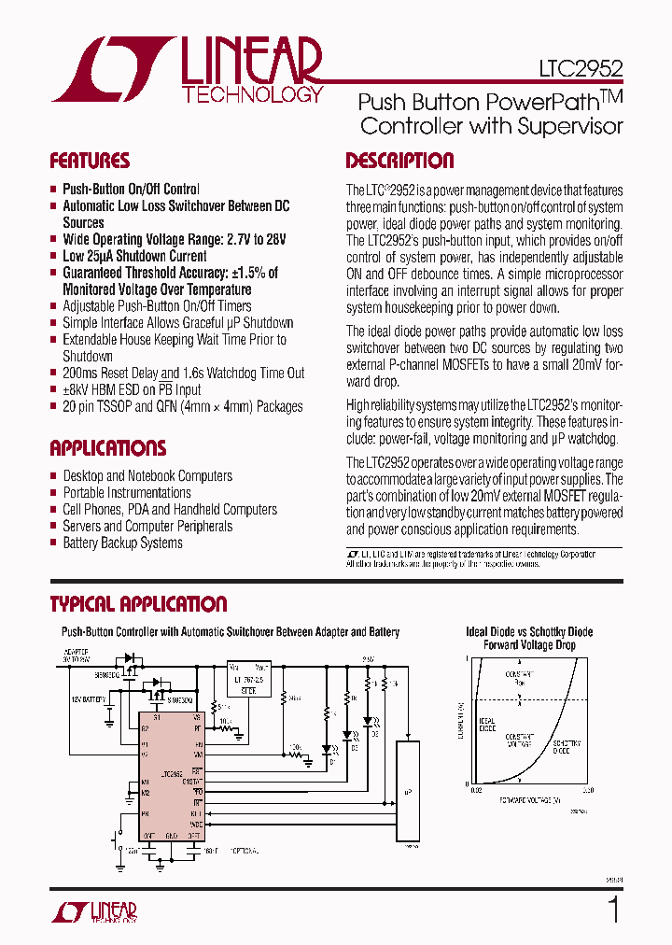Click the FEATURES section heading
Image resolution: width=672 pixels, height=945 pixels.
coord(90,161)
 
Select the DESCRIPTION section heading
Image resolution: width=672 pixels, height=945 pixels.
coord(399,161)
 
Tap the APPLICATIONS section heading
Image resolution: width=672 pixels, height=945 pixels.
coord(107,447)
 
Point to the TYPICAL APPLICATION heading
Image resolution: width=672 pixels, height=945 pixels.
coord(138,604)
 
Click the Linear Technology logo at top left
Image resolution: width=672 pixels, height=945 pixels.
coord(187,70)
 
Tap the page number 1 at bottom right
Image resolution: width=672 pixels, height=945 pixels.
coord(613,909)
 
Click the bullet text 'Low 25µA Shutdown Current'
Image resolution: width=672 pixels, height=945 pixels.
coord(134,256)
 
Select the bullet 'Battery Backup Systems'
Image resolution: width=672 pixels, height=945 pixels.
coord(122,543)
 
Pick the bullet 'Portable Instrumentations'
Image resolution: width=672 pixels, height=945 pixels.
coord(126,492)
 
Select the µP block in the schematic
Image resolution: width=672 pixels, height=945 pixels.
coord(408,791)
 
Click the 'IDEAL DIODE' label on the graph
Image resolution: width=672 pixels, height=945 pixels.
coord(487,725)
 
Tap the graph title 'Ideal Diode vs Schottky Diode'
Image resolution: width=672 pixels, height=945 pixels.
coord(529,632)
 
